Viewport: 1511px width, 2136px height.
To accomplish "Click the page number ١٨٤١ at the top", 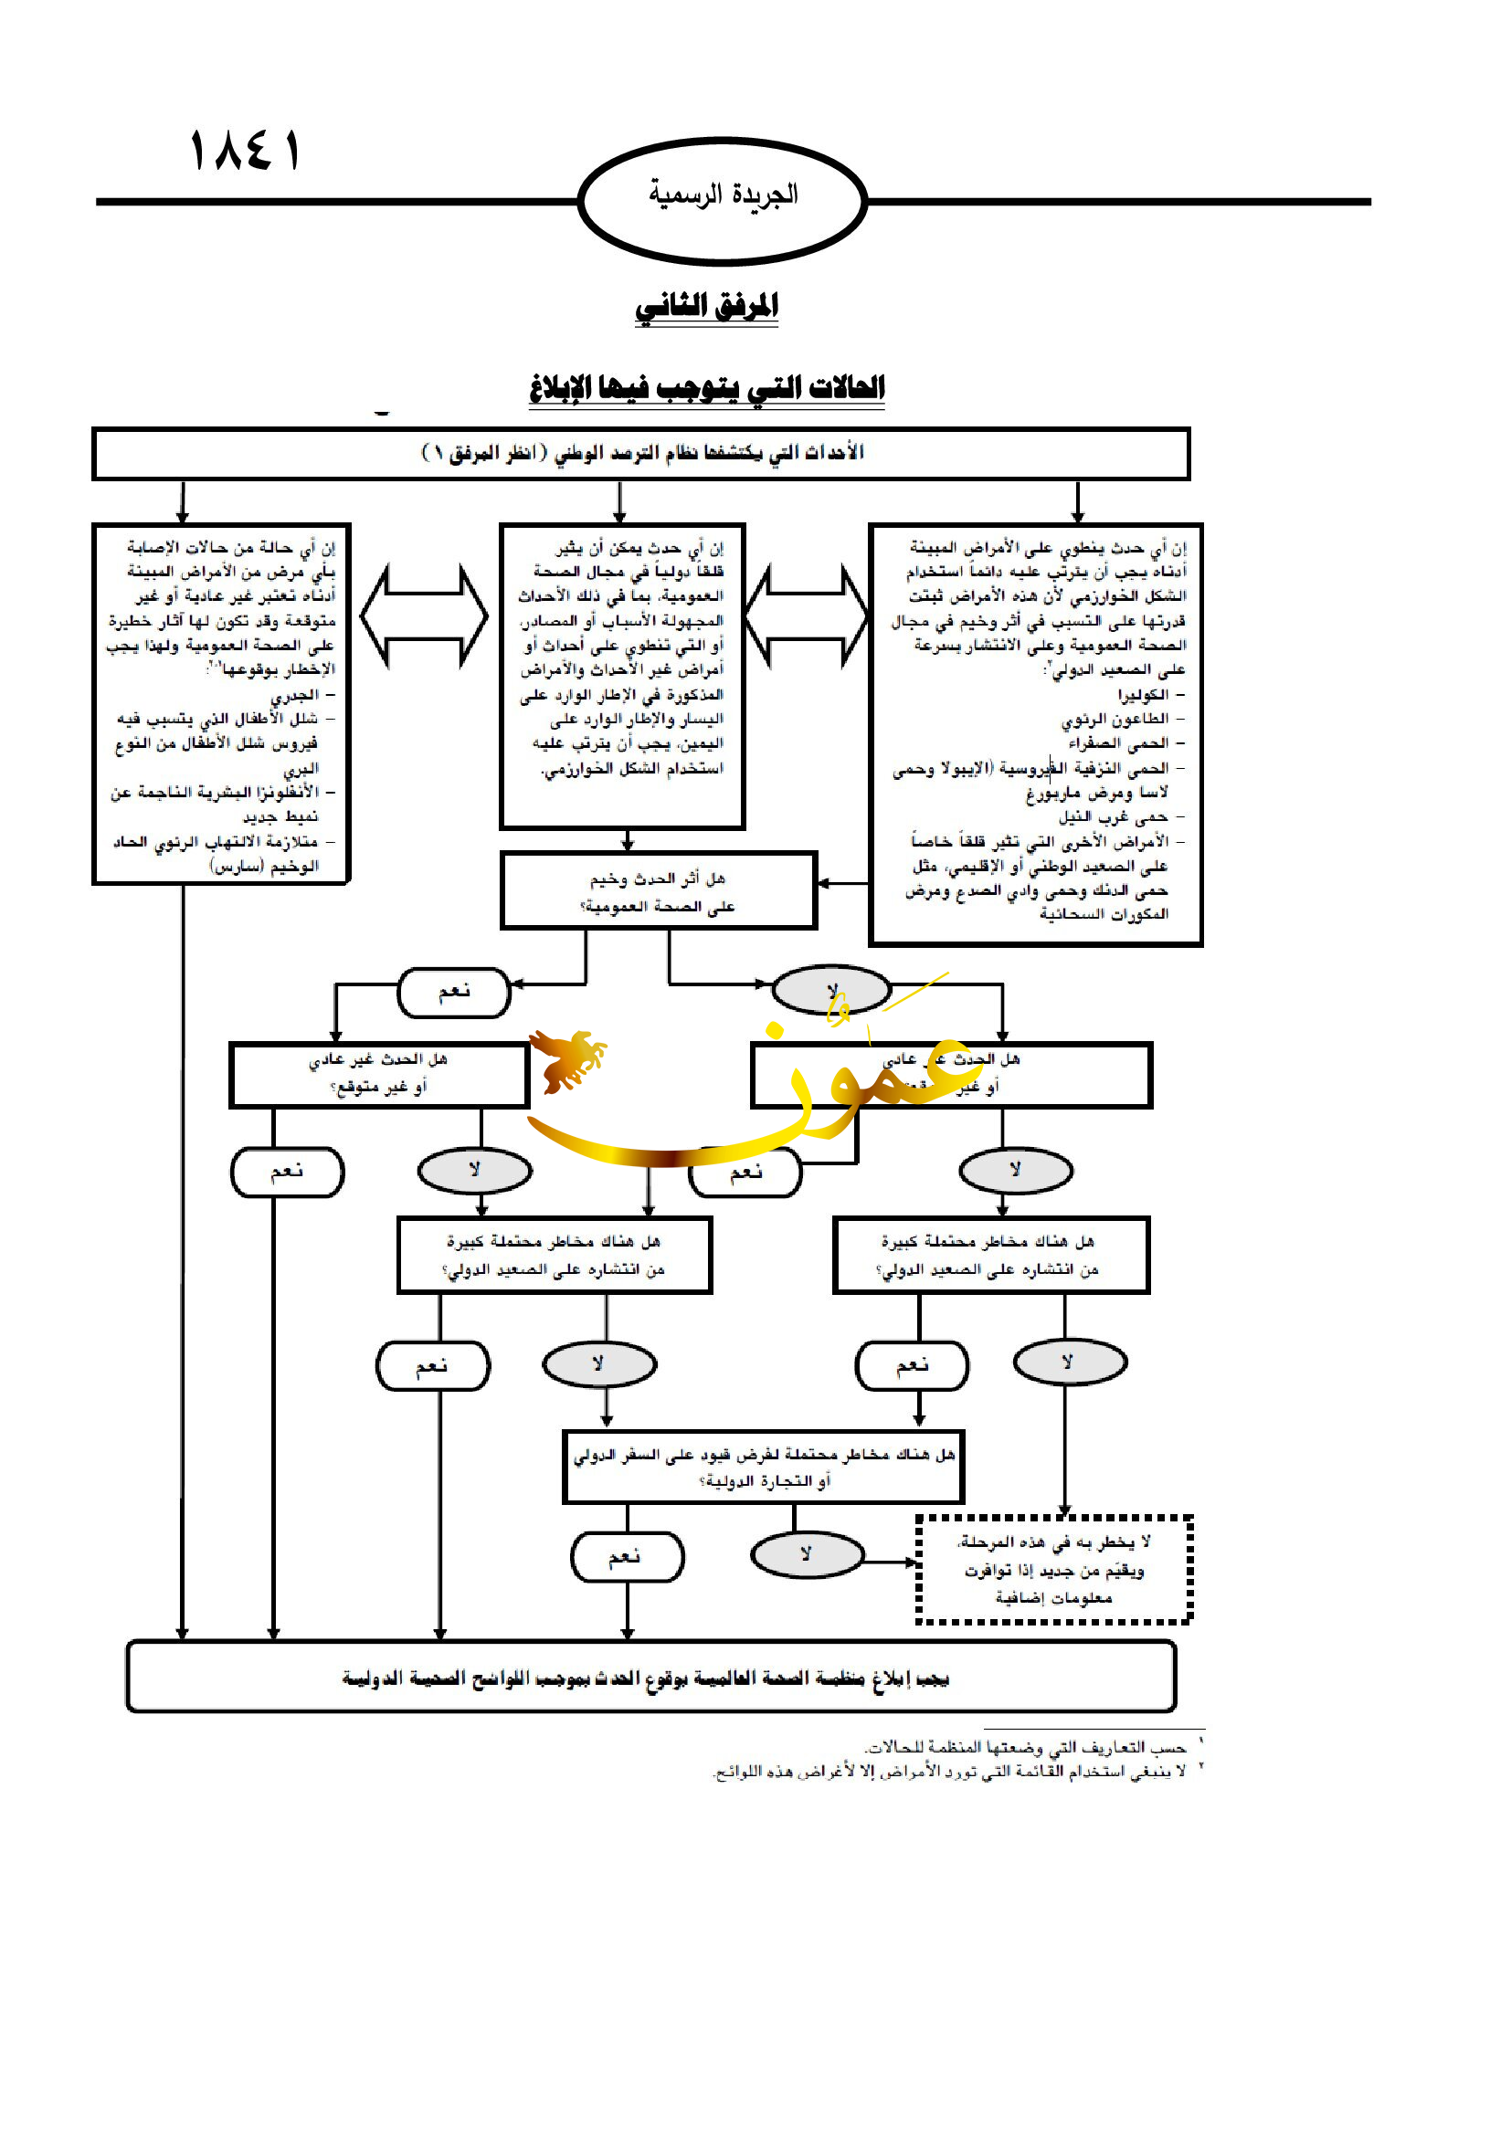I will coord(245,152).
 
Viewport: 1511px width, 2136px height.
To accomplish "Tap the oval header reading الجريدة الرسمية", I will coord(723,200).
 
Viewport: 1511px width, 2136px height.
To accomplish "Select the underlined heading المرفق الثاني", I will coord(706,306).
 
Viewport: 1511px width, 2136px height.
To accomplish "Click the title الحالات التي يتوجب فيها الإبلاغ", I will coord(707,387).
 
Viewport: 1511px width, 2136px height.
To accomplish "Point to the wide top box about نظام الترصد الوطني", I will coord(641,454).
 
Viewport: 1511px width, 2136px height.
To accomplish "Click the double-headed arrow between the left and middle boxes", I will coord(423,615).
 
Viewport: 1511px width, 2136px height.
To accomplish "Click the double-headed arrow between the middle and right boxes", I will coord(807,615).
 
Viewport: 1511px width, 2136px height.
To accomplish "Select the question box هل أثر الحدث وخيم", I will coord(659,891).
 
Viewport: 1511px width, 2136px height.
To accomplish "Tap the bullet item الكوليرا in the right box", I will coord(1143,695).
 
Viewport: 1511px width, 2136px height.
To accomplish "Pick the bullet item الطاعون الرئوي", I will coord(1115,719).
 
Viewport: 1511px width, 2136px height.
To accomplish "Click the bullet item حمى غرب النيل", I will coord(1114,816).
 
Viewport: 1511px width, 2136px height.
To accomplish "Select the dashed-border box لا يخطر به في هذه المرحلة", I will coord(1054,1570).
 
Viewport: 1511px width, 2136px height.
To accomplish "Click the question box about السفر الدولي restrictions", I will coord(763,1468).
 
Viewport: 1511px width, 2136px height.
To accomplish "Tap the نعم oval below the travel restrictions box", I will coord(627,1556).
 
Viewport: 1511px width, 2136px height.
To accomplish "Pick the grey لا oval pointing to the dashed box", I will coord(807,1554).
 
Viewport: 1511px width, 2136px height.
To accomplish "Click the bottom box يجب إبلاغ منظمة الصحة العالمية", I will coord(650,1678).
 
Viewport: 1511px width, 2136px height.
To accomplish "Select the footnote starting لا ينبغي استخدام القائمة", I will coord(950,1772).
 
